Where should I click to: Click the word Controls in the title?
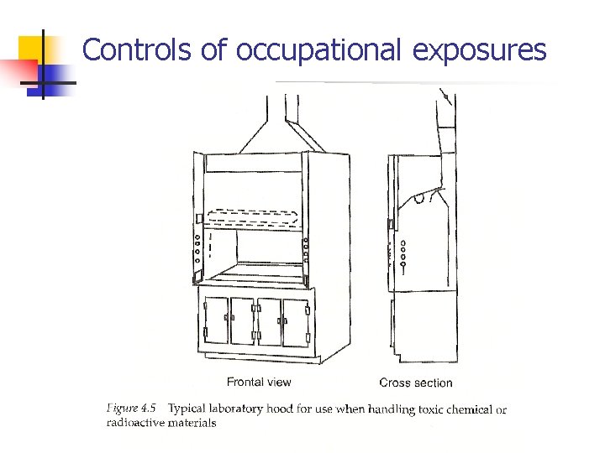pyautogui.click(x=138, y=50)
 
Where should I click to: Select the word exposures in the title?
pyautogui.click(x=479, y=50)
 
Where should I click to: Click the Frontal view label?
pyautogui.click(x=259, y=383)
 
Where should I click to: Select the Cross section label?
pyautogui.click(x=415, y=383)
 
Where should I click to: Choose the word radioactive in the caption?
pyautogui.click(x=134, y=423)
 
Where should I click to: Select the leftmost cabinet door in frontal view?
pyautogui.click(x=216, y=322)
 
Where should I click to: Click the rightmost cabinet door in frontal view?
pyautogui.click(x=296, y=322)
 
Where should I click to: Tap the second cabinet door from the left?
pyautogui.click(x=242, y=322)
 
